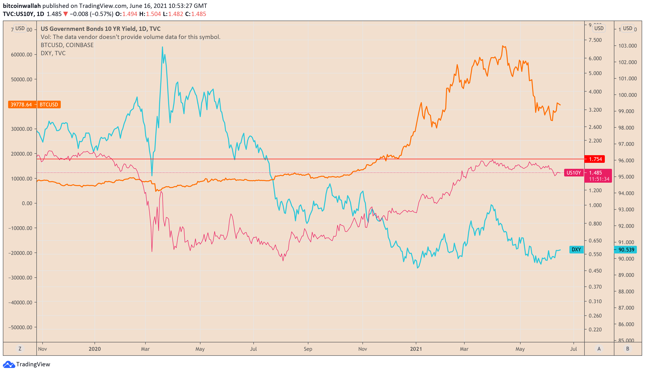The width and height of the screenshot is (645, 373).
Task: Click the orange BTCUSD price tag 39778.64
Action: tap(22, 105)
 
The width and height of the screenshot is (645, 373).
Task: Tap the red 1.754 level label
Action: tap(595, 159)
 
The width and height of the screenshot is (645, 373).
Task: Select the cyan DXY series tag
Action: tap(576, 249)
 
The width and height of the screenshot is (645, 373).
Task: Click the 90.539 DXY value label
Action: tap(626, 250)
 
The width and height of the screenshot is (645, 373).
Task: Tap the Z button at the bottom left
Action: tap(20, 349)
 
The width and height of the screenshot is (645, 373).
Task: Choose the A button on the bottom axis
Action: tap(599, 349)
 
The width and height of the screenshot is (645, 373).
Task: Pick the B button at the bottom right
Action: tap(628, 349)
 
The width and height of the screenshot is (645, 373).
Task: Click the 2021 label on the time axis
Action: tap(416, 349)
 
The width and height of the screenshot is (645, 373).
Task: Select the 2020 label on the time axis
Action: tap(95, 349)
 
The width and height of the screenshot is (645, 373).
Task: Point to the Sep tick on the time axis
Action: tap(308, 349)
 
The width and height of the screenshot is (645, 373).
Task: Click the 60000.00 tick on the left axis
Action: tap(22, 55)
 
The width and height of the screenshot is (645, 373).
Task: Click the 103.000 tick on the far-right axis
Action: tap(628, 46)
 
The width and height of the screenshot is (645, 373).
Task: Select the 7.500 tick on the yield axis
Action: tap(595, 40)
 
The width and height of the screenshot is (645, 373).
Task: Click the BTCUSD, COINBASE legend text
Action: tap(67, 45)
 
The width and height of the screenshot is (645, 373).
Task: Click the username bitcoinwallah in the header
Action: tap(22, 6)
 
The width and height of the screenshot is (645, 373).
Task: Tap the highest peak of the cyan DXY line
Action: tap(162, 47)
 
